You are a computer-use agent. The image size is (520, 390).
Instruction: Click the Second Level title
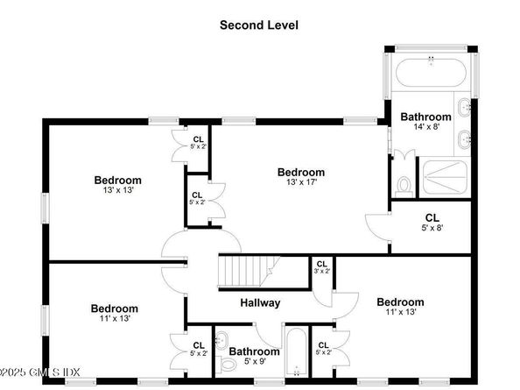[259, 25]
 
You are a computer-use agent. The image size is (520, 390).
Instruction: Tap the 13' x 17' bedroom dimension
[302, 182]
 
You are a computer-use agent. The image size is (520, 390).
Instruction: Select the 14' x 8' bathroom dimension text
[426, 126]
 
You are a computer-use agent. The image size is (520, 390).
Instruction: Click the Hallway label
[260, 302]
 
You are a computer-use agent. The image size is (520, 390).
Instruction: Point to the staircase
[249, 271]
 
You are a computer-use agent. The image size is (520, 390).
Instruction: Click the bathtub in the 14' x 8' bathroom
[431, 73]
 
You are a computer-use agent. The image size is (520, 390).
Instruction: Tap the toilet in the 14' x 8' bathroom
[404, 187]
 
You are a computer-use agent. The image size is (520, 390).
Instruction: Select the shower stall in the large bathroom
[446, 177]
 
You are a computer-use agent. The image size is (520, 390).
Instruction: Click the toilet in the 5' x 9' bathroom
[225, 364]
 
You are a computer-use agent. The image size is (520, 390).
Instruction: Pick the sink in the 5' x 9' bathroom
[221, 340]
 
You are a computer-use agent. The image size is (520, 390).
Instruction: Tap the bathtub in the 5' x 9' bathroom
[297, 352]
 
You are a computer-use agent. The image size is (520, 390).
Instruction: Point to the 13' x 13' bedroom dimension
[118, 190]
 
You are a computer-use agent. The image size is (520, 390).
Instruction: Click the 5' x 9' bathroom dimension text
[255, 361]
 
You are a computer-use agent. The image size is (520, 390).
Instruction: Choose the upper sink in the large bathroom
[464, 107]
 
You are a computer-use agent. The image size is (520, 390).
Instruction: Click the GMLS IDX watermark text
[39, 372]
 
